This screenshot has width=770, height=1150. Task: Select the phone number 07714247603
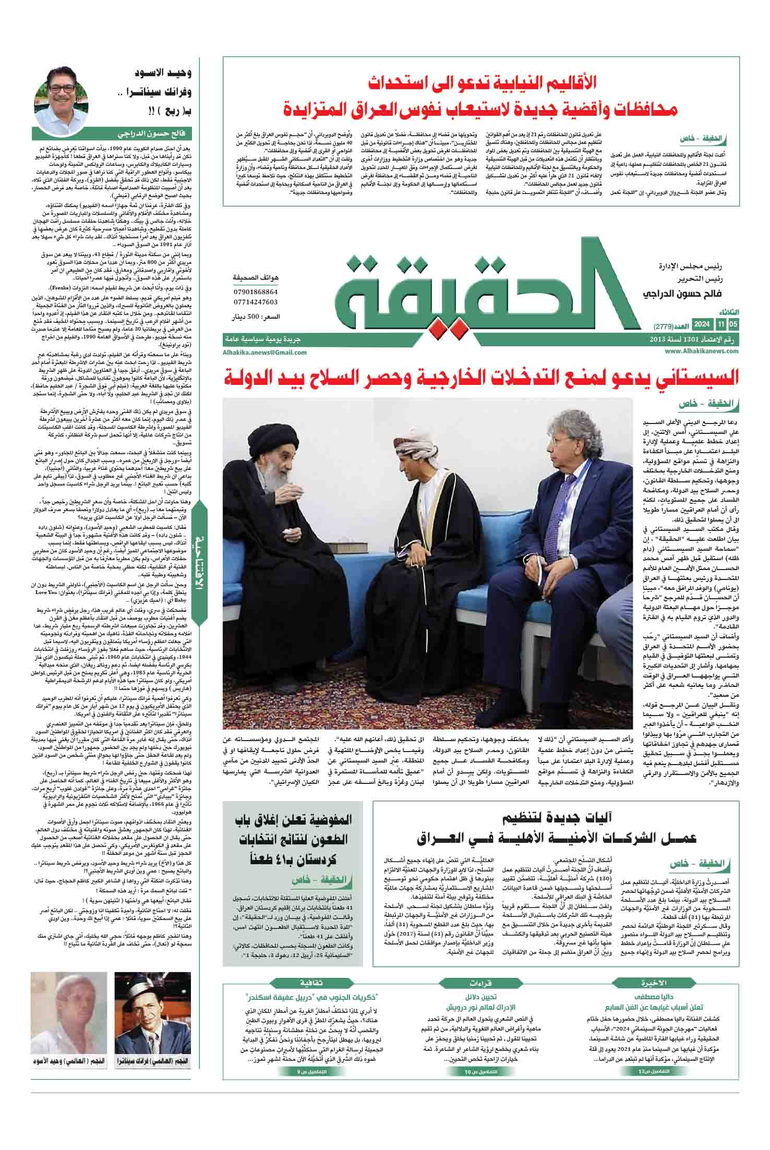click(x=255, y=302)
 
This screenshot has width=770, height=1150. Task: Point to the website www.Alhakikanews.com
click(x=702, y=352)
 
